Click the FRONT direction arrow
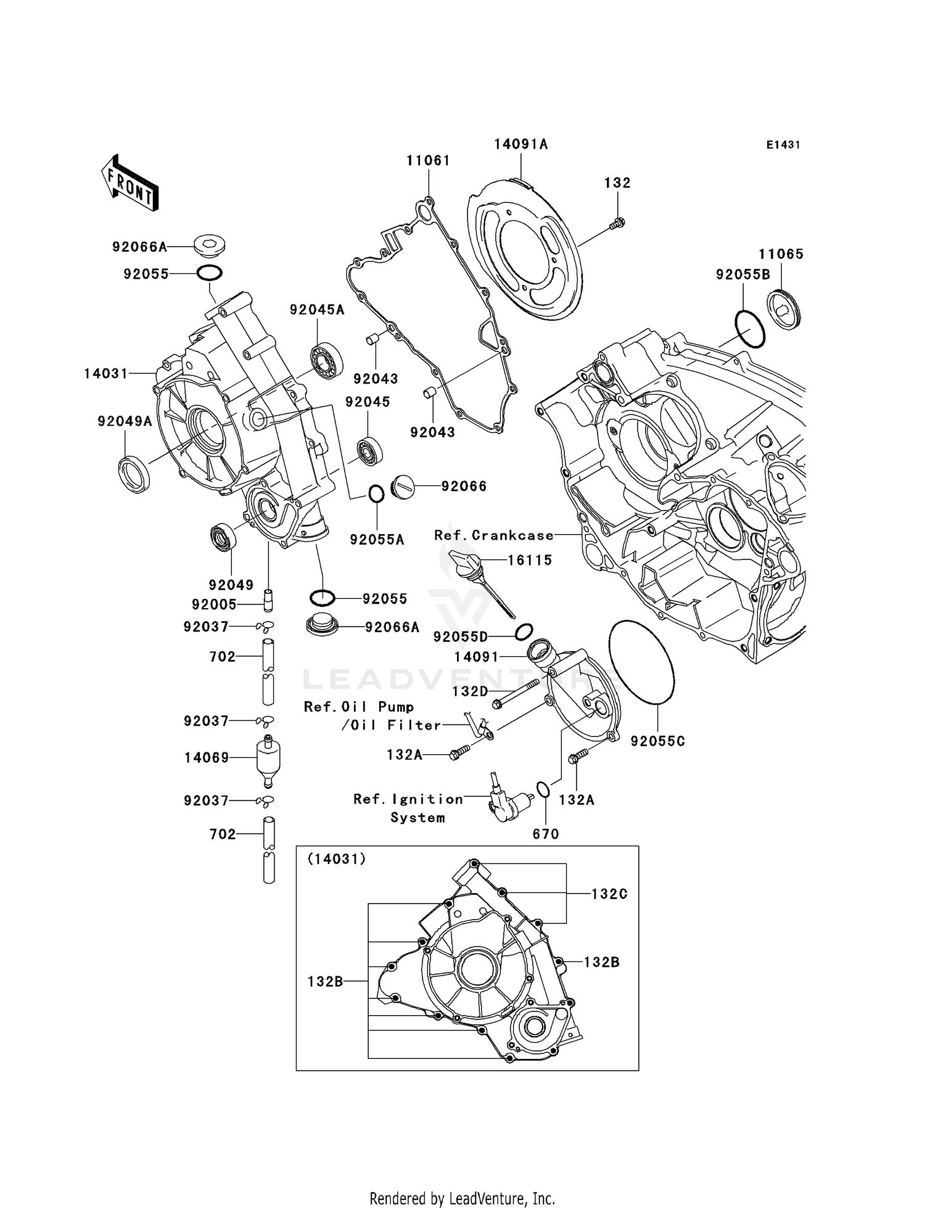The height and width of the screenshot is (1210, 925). click(130, 183)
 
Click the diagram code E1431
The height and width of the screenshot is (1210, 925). click(783, 145)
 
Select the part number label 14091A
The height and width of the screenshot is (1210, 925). click(520, 144)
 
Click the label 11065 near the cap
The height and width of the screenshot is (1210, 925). click(781, 254)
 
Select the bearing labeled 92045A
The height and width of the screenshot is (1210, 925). click(324, 361)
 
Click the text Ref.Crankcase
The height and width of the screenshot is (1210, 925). click(493, 535)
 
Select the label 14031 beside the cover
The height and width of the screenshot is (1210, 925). click(106, 373)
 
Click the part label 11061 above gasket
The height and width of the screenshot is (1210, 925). click(428, 161)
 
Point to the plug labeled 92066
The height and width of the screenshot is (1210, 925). click(405, 485)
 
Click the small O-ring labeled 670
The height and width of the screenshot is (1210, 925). click(543, 790)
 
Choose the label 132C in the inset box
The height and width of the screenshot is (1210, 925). click(609, 894)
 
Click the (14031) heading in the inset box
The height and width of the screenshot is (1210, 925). click(337, 859)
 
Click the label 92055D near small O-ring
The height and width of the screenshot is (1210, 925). click(460, 636)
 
